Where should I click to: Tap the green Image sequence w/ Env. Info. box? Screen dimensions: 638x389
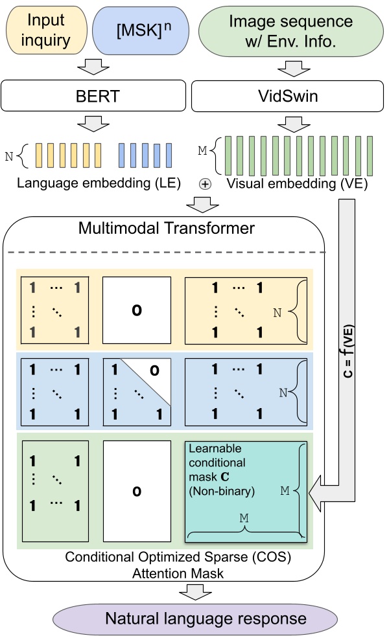(x=291, y=30)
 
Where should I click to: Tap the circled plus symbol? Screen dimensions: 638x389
(x=205, y=183)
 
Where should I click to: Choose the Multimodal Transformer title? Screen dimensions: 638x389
(x=166, y=228)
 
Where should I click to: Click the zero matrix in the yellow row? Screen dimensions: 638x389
(x=137, y=309)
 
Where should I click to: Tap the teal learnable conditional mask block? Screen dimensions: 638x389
(x=246, y=491)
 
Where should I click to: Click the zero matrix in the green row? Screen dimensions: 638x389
(x=137, y=491)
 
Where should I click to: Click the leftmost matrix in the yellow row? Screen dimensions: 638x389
(x=54, y=309)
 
